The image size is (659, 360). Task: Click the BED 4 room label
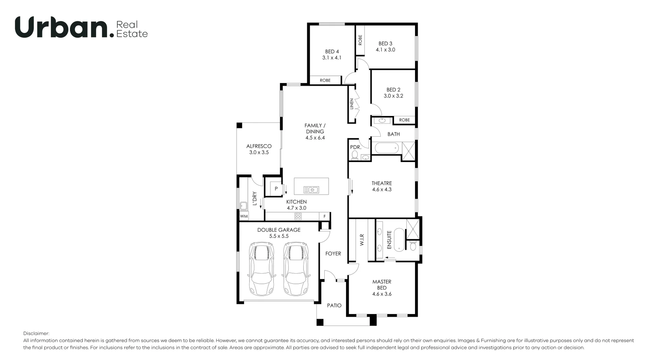click(x=332, y=52)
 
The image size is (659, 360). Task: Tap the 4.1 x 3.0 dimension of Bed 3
click(x=385, y=50)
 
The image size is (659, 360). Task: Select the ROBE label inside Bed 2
click(x=404, y=120)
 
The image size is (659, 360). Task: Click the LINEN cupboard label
click(x=351, y=104)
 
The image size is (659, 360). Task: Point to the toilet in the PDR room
click(x=355, y=155)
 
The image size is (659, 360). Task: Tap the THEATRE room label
click(x=381, y=183)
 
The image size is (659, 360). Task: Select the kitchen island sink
click(x=311, y=189)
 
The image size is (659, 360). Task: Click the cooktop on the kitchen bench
click(x=298, y=216)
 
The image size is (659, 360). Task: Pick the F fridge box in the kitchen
click(x=324, y=217)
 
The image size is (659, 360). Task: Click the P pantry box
click(x=276, y=189)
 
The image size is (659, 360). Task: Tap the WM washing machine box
click(x=244, y=216)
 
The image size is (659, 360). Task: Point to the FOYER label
click(x=333, y=254)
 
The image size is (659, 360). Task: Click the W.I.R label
click(x=362, y=240)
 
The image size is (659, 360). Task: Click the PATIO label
click(x=334, y=305)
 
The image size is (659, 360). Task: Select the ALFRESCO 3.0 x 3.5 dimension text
click(x=259, y=152)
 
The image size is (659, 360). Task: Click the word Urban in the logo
click(x=61, y=27)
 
